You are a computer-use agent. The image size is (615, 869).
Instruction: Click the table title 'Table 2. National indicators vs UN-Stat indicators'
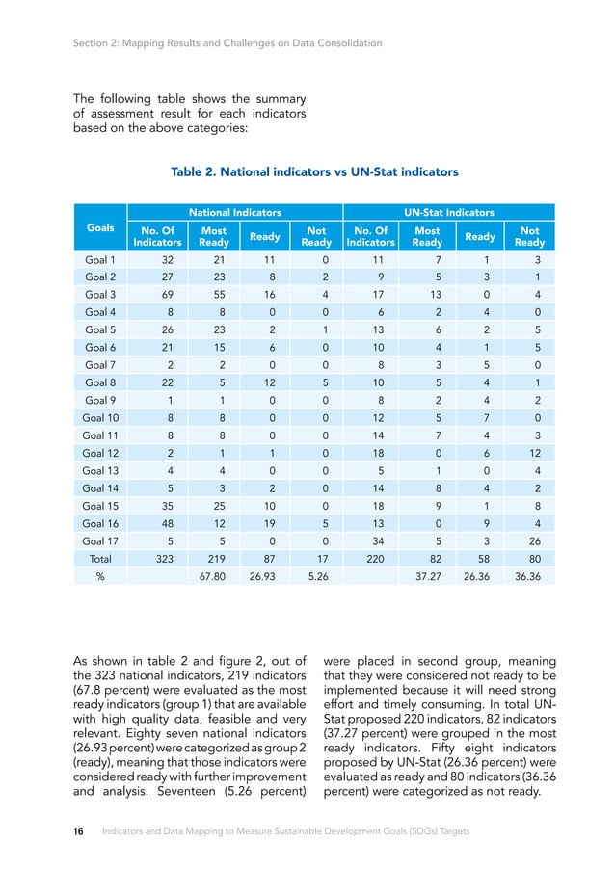point(314,172)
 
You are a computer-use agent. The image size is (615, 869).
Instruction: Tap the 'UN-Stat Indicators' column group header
point(449,212)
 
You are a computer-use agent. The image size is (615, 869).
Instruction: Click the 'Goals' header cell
point(99,228)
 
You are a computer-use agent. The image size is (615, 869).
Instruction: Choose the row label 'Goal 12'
point(99,454)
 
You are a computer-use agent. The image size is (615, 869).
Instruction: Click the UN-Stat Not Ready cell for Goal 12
point(528,454)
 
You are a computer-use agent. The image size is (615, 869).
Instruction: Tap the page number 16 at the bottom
point(80,830)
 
